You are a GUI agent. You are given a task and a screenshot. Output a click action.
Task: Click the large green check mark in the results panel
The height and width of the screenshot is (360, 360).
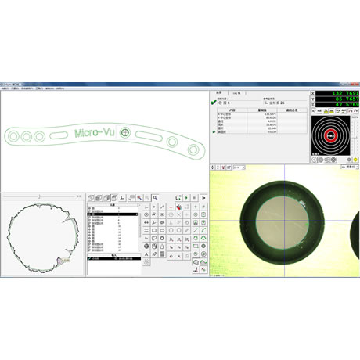pyautogui.click(x=213, y=101)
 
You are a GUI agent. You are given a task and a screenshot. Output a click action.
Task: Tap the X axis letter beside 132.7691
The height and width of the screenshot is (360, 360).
pyautogui.click(x=314, y=93)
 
